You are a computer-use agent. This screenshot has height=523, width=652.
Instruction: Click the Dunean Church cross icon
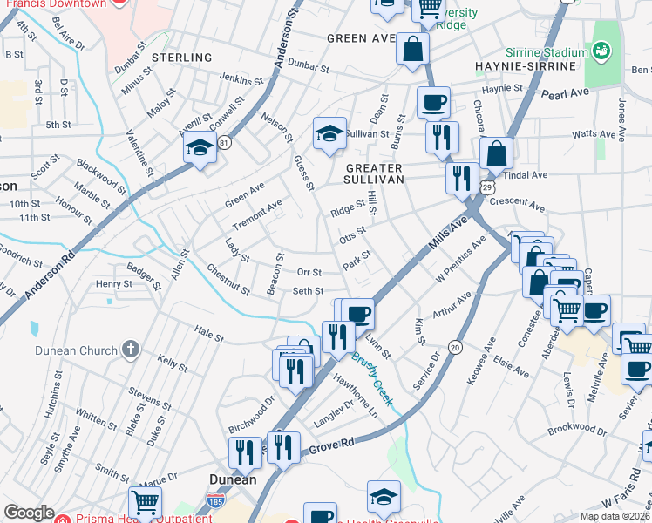pos(130,350)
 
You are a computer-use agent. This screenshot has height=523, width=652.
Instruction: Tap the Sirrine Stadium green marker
pos(601,52)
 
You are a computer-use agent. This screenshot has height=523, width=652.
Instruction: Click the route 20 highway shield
pos(455,347)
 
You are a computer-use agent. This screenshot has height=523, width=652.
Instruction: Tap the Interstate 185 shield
pos(214,501)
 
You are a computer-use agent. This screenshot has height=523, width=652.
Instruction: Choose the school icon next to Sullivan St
pos(329,133)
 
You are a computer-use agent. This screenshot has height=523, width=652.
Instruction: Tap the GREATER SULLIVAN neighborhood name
pos(374,173)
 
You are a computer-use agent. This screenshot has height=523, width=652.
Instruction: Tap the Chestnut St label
pos(228,281)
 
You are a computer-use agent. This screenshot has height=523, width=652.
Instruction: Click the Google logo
pos(29,513)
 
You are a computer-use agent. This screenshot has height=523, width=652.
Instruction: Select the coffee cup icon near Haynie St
pos(433,102)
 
